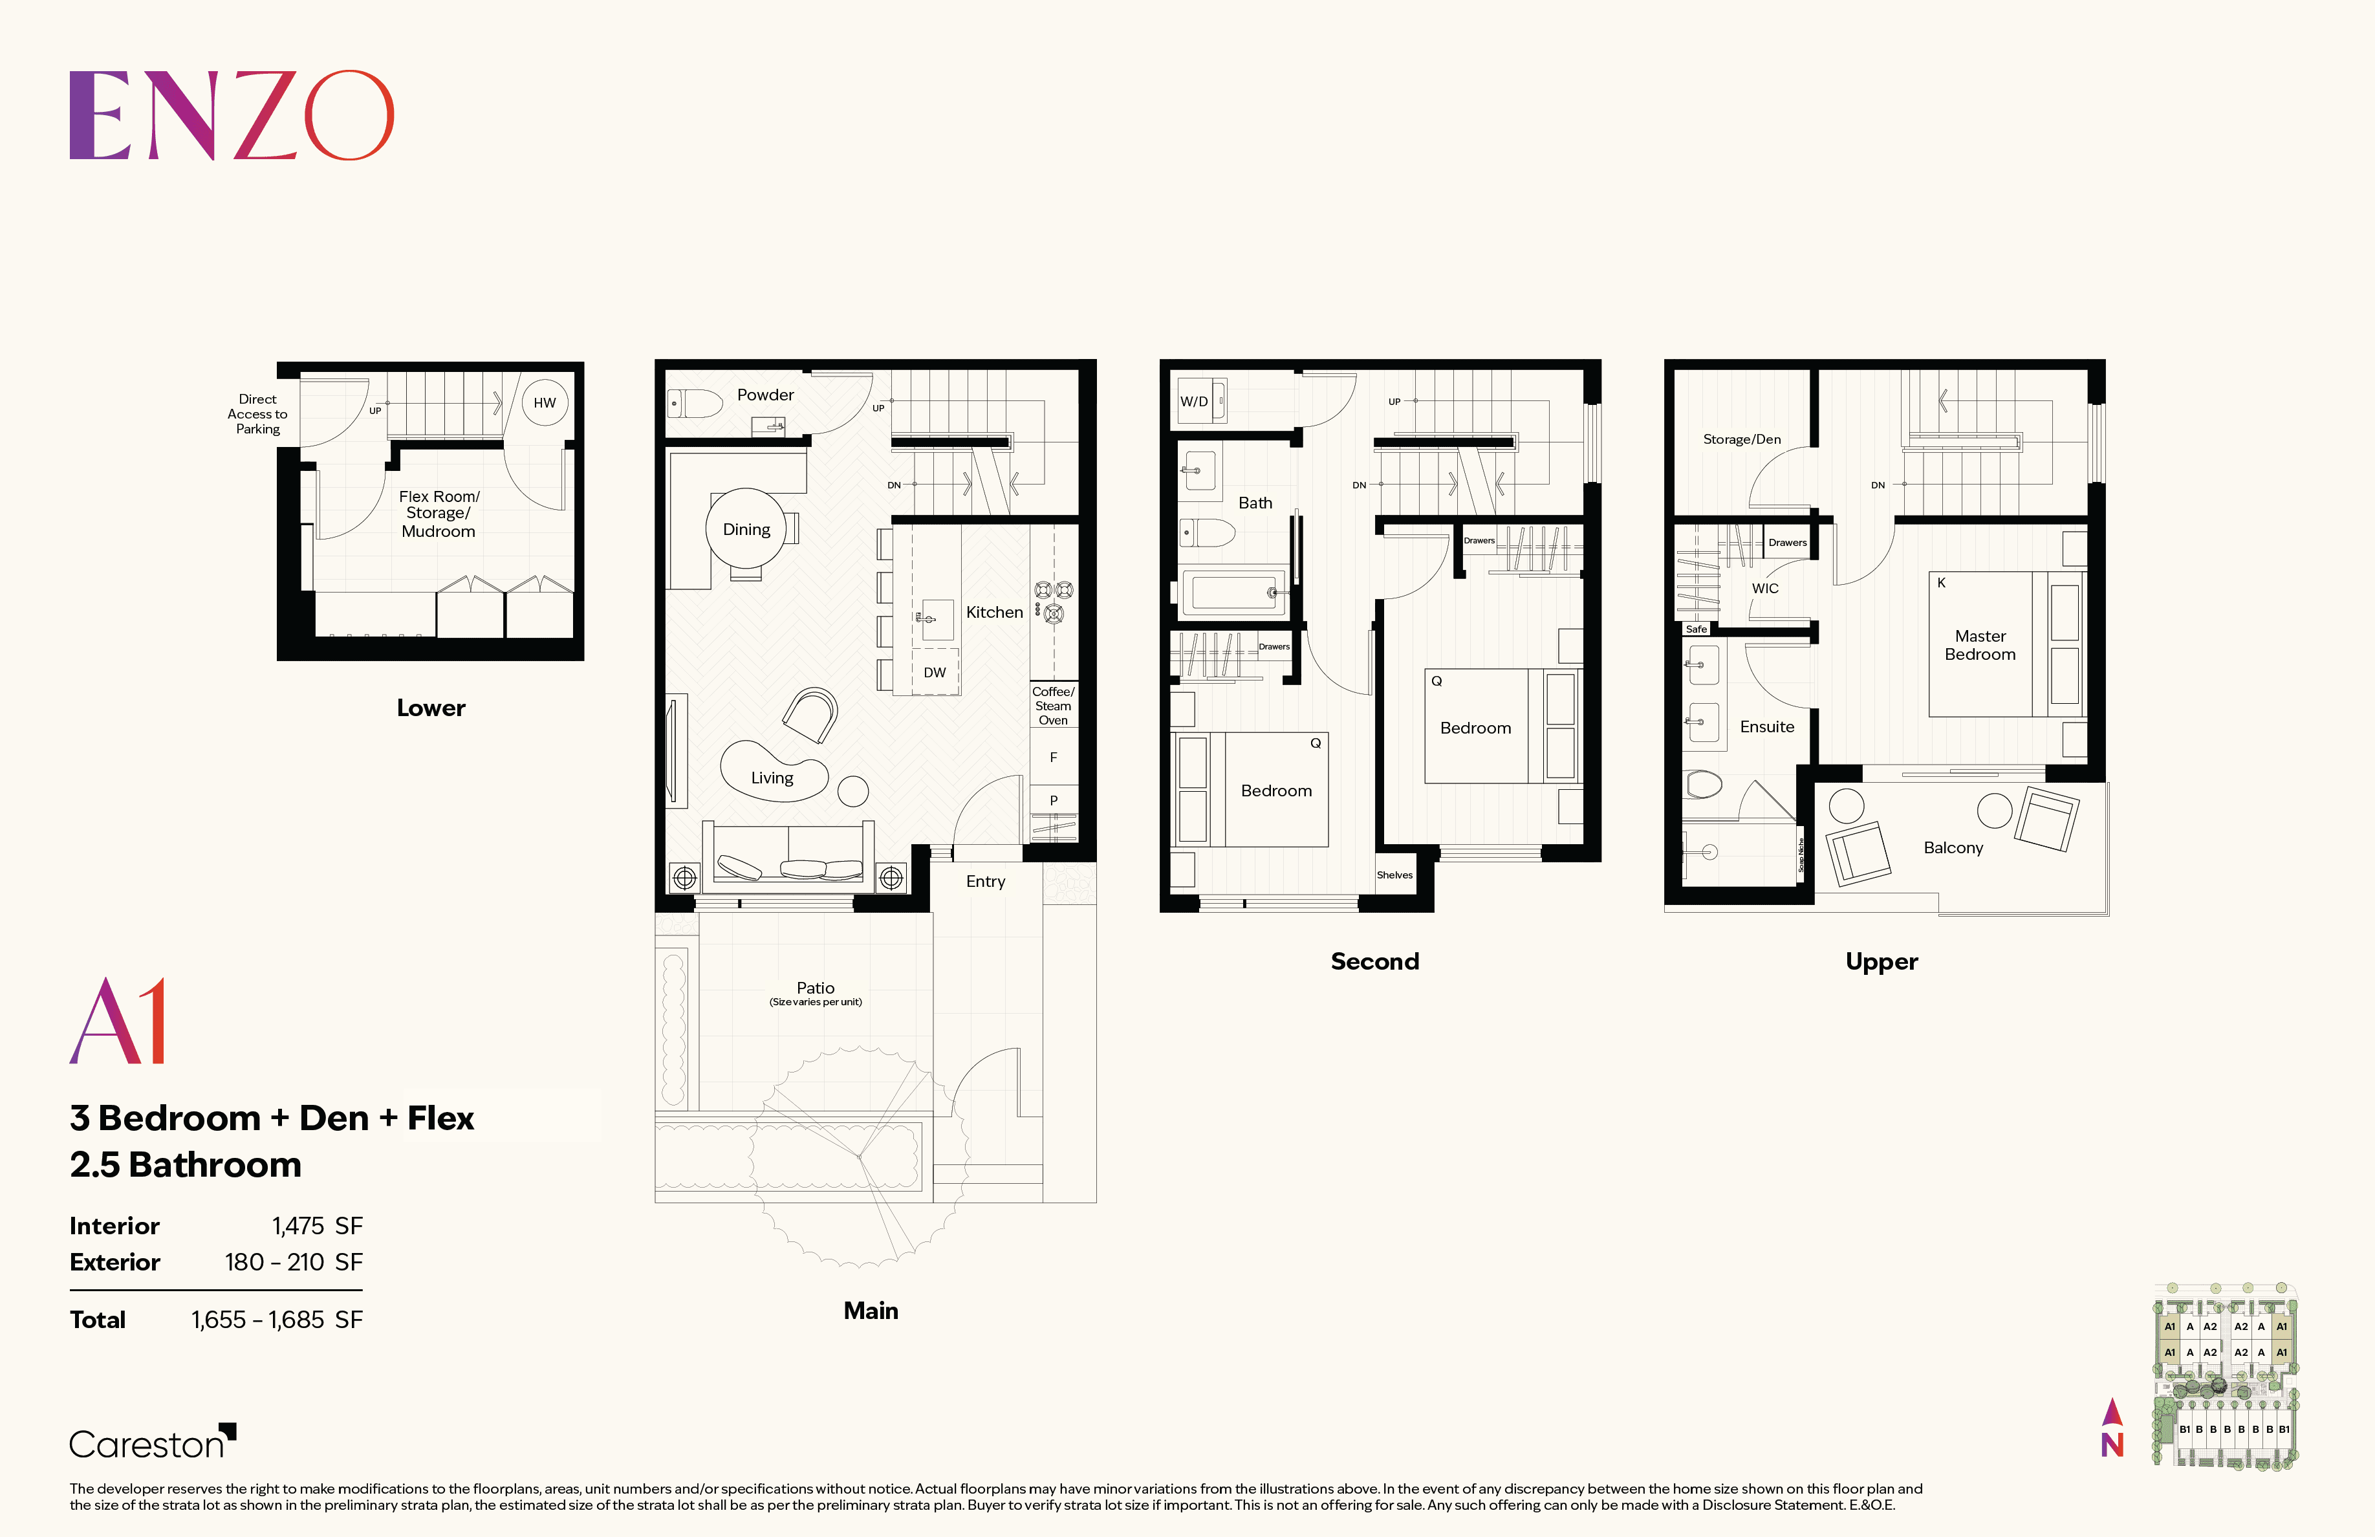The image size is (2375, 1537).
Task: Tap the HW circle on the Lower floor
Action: click(544, 402)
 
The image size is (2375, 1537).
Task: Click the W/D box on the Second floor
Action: click(1195, 401)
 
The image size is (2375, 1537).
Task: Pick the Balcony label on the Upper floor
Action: click(1953, 847)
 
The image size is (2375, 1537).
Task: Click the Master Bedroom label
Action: click(1980, 645)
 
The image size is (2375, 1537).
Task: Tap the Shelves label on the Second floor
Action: click(1394, 875)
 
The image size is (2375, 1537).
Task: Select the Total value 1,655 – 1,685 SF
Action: click(276, 1320)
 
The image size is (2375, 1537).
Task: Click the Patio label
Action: click(816, 988)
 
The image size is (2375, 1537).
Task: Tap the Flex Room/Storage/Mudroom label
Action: click(439, 513)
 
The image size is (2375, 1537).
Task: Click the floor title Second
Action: click(1374, 961)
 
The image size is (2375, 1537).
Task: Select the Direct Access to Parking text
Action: click(257, 413)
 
